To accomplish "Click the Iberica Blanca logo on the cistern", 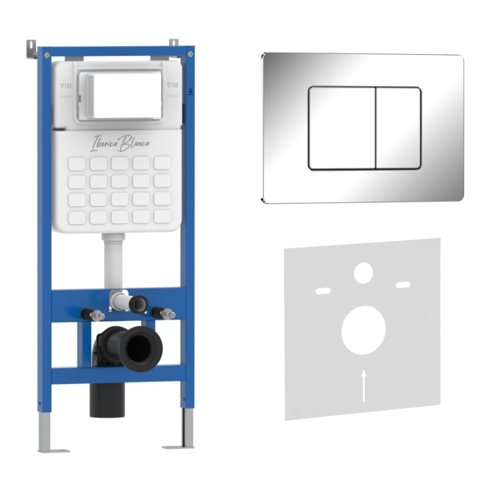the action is coord(119,143).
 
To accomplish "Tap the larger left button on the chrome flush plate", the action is coord(342,128).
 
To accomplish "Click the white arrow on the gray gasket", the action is coord(364,385).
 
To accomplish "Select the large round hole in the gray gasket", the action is coord(363,330).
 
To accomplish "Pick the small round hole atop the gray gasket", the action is coord(363,273).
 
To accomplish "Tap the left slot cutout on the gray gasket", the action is coord(323,291).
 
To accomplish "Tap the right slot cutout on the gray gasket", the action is coord(403,284).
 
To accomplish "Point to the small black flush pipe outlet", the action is coord(139,303).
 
